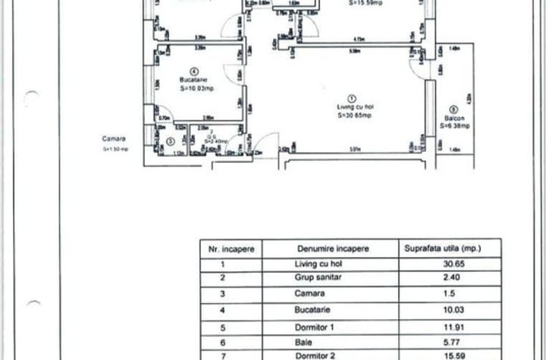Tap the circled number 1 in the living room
click(x=351, y=98)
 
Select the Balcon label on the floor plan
click(x=454, y=118)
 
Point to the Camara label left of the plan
click(x=115, y=139)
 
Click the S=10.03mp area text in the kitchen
click(x=194, y=87)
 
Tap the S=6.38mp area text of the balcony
click(x=455, y=126)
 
